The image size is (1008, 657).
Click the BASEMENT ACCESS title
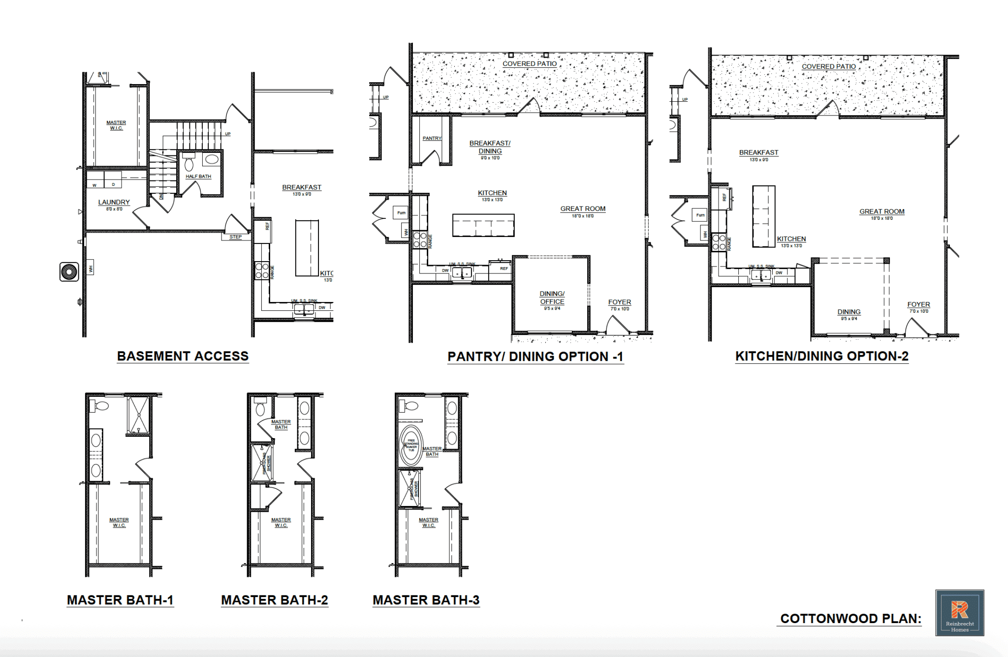pos(183,356)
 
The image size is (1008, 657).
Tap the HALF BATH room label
pos(198,176)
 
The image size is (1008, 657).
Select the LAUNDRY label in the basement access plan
pos(114,202)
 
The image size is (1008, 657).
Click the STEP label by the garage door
pos(235,237)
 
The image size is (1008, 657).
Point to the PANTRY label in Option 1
pos(432,138)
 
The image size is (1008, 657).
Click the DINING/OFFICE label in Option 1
pos(552,298)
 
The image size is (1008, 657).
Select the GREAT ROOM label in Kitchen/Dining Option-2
pos(882,211)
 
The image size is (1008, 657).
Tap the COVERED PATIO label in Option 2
pos(828,66)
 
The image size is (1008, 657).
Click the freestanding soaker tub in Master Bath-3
pos(410,445)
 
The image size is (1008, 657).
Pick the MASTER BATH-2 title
pos(274,600)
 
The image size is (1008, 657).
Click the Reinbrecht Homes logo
pos(959,613)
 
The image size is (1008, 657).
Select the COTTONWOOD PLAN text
pos(850,619)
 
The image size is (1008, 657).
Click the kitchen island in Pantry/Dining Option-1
pos(483,225)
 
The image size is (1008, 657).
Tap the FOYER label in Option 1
pos(619,302)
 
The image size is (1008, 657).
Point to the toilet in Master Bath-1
pos(100,406)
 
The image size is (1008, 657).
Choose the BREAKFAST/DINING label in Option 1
pos(490,147)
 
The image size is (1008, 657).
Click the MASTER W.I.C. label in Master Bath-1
pos(119,522)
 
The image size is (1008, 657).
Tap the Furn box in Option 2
pos(700,215)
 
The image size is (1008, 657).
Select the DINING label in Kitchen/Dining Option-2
pos(849,312)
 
